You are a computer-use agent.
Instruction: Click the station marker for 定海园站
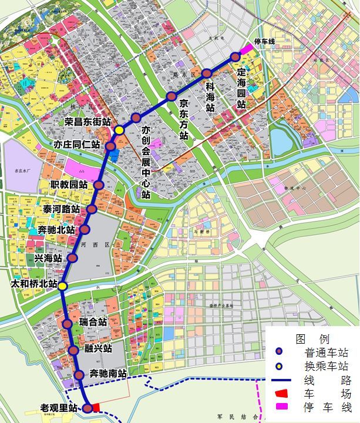pos(235,57)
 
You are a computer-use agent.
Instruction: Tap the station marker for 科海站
pos(207,73)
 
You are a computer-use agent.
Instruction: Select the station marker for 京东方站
pos(171,96)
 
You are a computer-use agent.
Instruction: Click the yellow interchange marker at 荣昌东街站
pos(119,130)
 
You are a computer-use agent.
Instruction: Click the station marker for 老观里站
pos(87,408)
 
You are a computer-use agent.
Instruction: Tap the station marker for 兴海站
pos(72,258)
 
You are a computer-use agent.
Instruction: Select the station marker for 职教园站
pos(99,184)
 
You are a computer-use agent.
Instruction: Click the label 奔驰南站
pos(108,373)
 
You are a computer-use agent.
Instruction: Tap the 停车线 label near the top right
pos(264,41)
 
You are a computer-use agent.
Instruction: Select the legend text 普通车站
pos(327,353)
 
